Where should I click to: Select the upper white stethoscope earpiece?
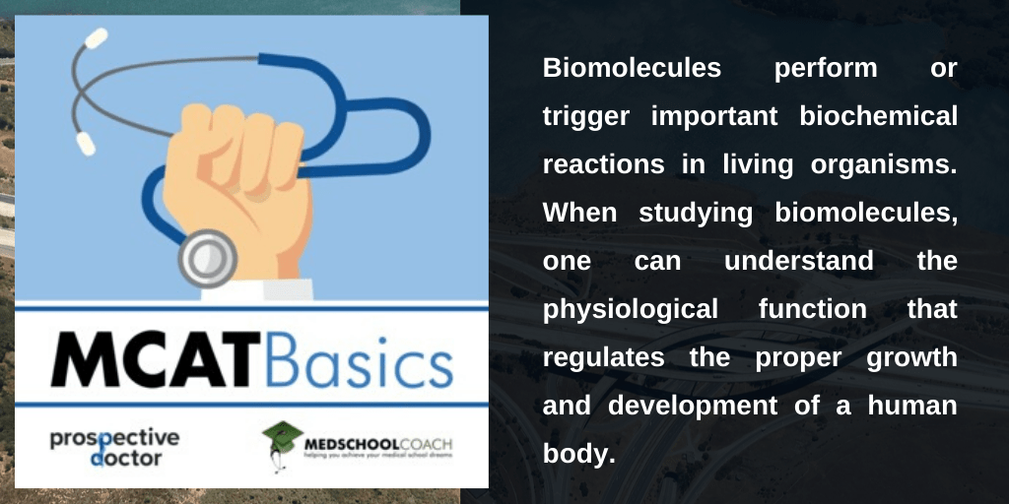click(96, 38)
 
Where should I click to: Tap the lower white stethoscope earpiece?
click(87, 143)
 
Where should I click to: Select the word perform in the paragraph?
click(825, 68)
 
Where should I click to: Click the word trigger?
click(587, 116)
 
